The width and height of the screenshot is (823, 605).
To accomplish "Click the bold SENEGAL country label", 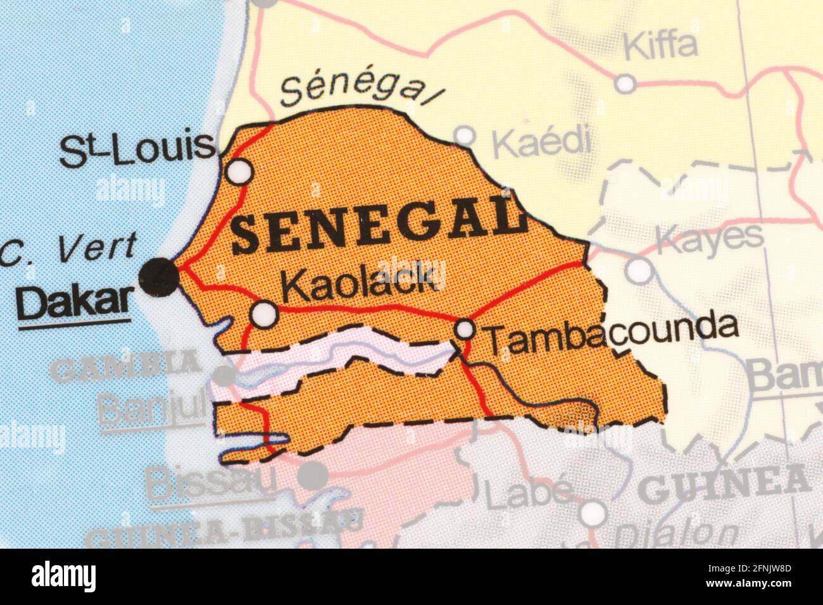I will [379, 224].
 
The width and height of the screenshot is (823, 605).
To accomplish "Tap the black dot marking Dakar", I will [159, 277].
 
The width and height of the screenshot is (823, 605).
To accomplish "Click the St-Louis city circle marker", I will [240, 172].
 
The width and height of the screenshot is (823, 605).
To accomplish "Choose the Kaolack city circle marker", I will [264, 313].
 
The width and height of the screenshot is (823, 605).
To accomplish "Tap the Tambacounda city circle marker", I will [465, 329].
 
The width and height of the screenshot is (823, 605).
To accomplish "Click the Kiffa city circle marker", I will [625, 83].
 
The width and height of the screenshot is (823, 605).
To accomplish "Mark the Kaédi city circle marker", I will [465, 135].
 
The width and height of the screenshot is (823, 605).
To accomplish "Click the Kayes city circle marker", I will [639, 270].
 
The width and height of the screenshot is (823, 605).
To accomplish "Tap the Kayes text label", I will [709, 238].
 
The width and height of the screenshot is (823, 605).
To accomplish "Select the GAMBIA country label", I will [126, 366].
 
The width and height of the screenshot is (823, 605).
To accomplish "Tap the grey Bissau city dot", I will [313, 475].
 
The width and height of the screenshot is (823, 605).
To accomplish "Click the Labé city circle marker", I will [593, 513].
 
